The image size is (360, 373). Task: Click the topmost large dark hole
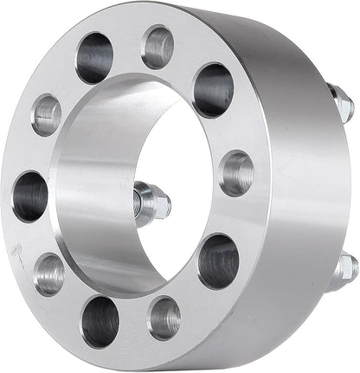tap(95, 57)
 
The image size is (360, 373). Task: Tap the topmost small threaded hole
tap(157, 46)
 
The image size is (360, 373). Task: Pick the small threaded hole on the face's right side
tap(235, 173)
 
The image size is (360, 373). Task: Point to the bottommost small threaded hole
tap(164, 318)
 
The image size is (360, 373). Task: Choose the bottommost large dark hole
tap(100, 321)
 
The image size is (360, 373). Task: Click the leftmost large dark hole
tap(30, 196)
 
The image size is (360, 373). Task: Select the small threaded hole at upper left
tap(46, 114)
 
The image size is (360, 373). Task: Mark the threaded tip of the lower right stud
tap(350, 265)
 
